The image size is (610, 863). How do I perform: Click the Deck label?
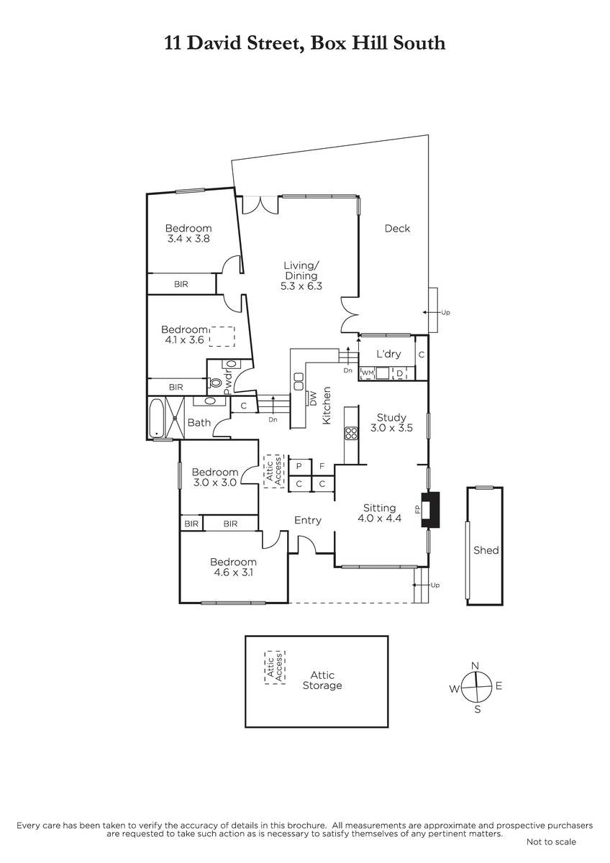(397, 229)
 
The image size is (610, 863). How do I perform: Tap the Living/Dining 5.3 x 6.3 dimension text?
(301, 286)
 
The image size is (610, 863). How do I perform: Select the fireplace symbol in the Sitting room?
(430, 509)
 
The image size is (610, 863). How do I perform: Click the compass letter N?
(475, 666)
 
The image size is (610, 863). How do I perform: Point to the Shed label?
(486, 550)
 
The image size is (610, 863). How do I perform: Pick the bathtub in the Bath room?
(156, 418)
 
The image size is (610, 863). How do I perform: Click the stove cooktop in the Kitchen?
(351, 433)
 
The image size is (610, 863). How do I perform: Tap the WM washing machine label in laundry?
(368, 373)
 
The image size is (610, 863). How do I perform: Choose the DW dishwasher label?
(312, 398)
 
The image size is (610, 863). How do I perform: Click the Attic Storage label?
(322, 680)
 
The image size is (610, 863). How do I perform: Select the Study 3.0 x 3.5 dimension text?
(391, 428)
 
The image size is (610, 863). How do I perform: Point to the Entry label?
(307, 521)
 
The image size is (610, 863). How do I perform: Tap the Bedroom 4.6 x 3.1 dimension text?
(233, 572)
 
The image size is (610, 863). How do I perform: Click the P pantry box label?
(299, 466)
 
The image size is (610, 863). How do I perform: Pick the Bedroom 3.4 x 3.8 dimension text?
(188, 239)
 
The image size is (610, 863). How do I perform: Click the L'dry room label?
(388, 354)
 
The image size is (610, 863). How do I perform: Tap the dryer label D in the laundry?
(400, 373)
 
